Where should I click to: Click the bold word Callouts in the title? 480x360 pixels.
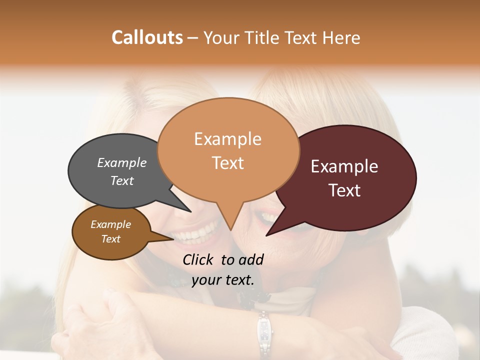click(x=147, y=37)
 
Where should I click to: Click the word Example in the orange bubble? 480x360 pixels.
click(x=227, y=139)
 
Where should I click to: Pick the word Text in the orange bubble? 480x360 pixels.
click(x=227, y=163)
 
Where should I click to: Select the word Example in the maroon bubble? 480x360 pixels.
click(x=344, y=166)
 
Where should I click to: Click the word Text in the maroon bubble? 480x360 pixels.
click(x=344, y=190)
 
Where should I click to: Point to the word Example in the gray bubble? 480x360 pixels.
click(x=122, y=162)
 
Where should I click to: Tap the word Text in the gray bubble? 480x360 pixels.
click(x=122, y=180)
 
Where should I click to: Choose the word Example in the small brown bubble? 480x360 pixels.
click(x=110, y=224)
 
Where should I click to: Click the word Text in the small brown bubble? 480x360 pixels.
click(x=110, y=239)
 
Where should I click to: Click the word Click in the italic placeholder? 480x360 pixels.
click(x=199, y=259)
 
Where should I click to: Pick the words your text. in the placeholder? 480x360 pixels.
click(x=223, y=280)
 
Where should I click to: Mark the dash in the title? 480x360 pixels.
click(x=193, y=38)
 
